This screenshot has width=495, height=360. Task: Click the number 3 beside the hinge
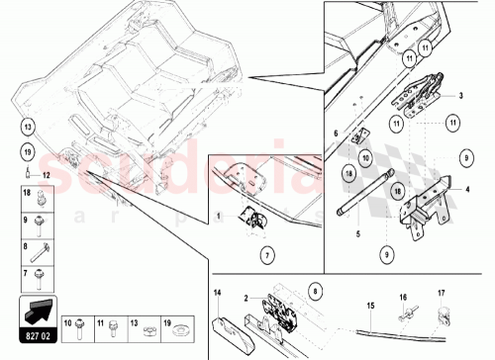pos(460,97)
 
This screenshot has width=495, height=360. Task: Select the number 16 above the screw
pos(404,296)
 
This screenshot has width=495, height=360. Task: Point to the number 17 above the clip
pos(442,293)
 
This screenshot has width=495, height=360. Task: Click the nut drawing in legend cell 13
pos(145,324)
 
